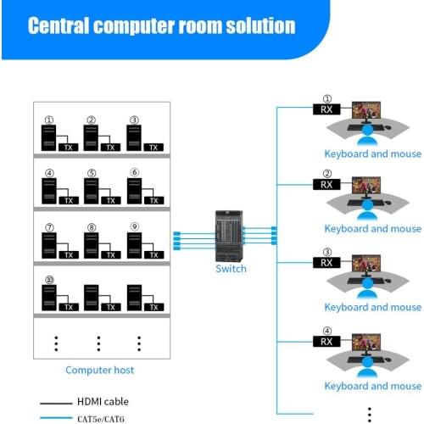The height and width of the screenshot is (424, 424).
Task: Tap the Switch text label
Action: [x=231, y=269]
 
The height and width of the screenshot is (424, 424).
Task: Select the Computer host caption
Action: [x=100, y=370]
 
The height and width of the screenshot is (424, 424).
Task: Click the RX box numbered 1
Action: [x=326, y=109]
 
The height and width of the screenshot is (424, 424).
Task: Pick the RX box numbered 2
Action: [x=326, y=184]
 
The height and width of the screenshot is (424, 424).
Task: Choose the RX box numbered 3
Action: [x=326, y=262]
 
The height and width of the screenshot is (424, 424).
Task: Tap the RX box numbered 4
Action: [x=326, y=341]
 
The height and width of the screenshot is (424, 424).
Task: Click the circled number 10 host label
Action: [x=49, y=279]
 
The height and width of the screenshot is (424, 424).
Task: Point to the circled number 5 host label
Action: [x=92, y=173]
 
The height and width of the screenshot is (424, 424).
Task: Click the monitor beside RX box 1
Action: [x=367, y=111]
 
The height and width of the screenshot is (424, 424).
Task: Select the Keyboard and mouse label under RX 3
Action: [x=372, y=307]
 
